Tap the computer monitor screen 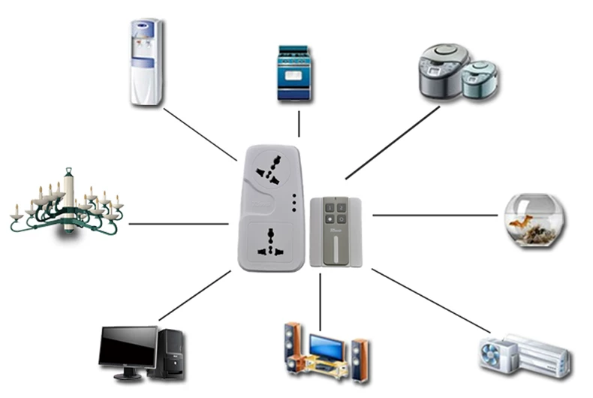pyautogui.click(x=128, y=347)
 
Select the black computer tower pyautogui.click(x=170, y=353)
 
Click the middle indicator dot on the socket pyautogui.click(x=294, y=204)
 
